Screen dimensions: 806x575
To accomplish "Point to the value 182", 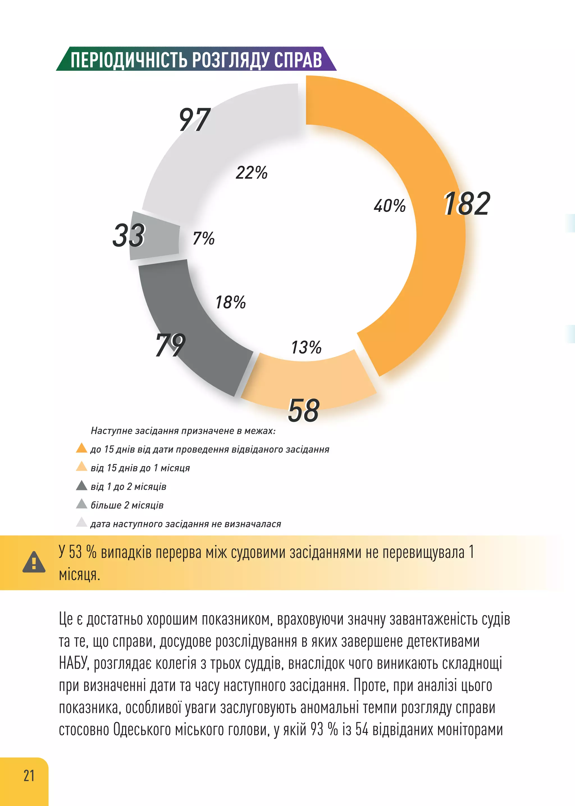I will click(x=467, y=204).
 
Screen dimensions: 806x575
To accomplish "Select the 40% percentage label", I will click(x=389, y=206).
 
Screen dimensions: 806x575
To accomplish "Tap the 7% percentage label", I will click(x=204, y=238).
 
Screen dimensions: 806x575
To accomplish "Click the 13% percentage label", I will click(x=306, y=347).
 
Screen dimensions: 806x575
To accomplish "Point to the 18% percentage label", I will click(x=231, y=303).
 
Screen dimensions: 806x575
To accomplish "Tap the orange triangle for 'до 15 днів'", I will click(x=81, y=448).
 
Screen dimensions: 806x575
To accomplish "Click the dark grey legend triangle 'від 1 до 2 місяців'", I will click(x=81, y=486).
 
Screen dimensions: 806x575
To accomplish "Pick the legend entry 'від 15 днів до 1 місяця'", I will click(x=140, y=468).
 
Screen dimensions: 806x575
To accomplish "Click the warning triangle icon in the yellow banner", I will click(x=34, y=562).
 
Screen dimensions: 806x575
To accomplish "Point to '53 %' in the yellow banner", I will click(x=83, y=552).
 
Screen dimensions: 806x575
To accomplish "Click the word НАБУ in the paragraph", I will click(x=73, y=663).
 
